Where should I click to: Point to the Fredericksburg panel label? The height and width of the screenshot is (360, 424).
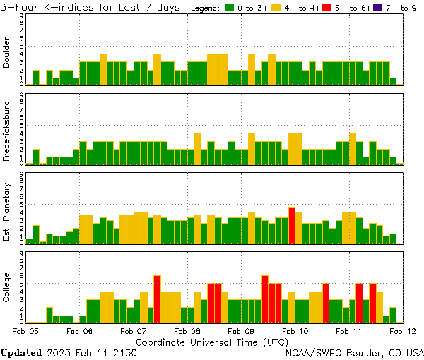[x=7, y=131]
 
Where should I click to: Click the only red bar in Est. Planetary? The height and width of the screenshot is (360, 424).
[x=292, y=226]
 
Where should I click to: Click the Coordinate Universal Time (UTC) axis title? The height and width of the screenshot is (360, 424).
[x=212, y=341]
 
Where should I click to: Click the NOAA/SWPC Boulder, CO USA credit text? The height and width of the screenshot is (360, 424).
[x=354, y=352]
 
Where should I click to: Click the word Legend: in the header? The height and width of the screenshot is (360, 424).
[x=205, y=8]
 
